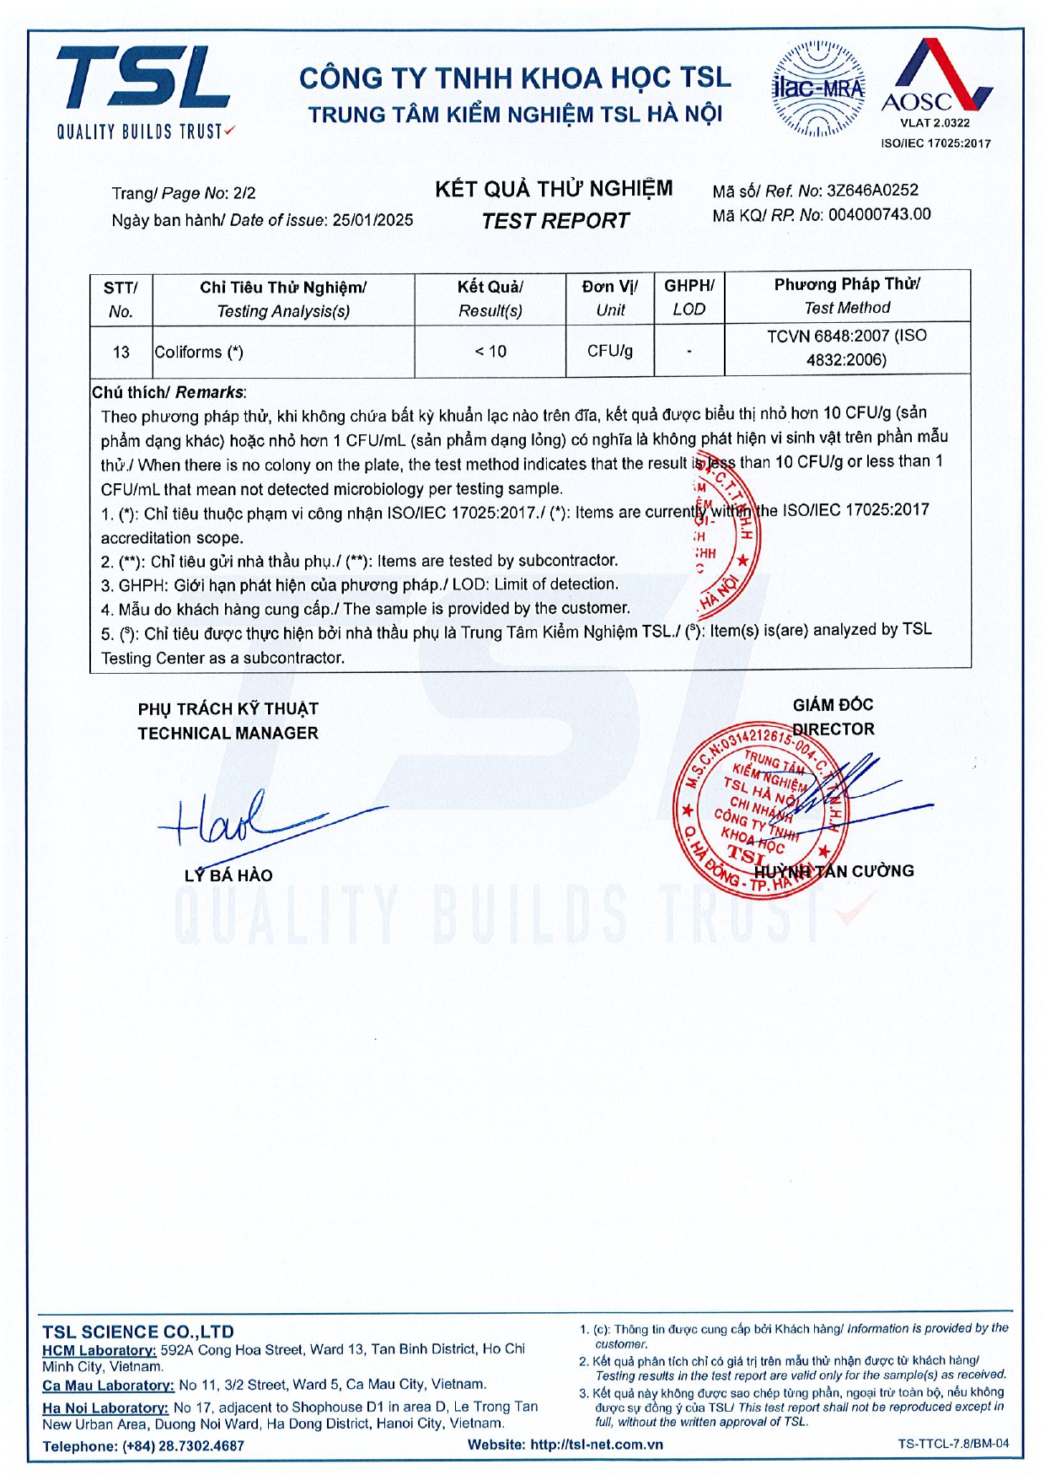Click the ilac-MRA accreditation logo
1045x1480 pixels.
(x=817, y=89)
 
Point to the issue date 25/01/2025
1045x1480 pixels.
(x=372, y=220)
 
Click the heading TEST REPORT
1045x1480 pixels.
(x=555, y=221)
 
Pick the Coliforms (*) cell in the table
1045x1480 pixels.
(x=199, y=352)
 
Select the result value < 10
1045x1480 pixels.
(x=490, y=351)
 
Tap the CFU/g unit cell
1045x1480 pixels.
(x=610, y=351)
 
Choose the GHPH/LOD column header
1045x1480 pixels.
(x=689, y=297)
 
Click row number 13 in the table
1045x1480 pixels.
(x=121, y=352)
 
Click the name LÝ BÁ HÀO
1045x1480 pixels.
(x=228, y=875)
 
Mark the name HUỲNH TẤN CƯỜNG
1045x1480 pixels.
(x=833, y=871)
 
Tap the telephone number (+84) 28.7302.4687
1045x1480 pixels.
(x=183, y=1445)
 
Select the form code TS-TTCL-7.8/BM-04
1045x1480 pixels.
(x=952, y=1444)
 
